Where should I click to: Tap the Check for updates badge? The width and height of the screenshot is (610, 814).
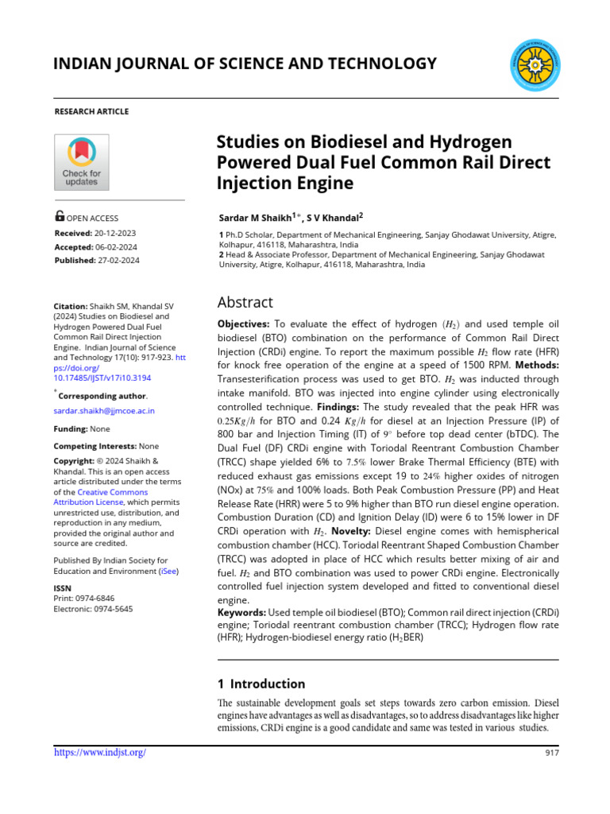pyautogui.click(x=81, y=162)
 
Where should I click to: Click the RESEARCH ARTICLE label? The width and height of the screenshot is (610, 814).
pyautogui.click(x=91, y=111)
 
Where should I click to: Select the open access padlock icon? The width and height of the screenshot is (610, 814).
pyautogui.click(x=60, y=216)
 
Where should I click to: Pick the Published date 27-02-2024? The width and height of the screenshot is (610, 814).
pyautogui.click(x=123, y=260)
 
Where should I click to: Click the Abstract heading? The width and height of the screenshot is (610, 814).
pyautogui.click(x=245, y=302)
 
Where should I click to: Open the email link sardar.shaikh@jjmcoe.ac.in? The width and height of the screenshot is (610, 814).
pyautogui.click(x=104, y=411)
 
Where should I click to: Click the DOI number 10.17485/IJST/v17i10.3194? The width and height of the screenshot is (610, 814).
pyautogui.click(x=102, y=378)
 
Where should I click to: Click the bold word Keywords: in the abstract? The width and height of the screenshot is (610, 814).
pyautogui.click(x=242, y=613)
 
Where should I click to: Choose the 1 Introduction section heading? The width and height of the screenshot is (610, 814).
pyautogui.click(x=261, y=684)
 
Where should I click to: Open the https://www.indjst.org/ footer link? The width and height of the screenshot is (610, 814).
pyautogui.click(x=99, y=752)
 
